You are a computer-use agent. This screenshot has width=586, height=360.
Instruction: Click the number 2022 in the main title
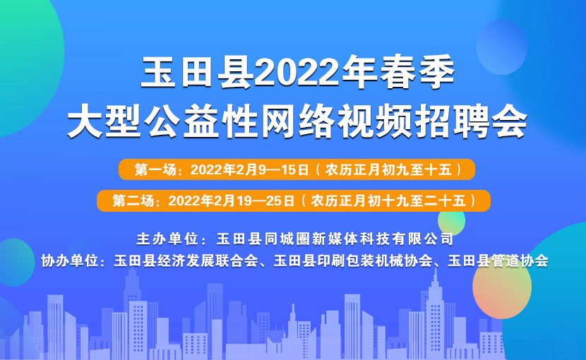click(x=298, y=72)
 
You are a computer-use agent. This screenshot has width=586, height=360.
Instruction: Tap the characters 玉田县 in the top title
click(x=196, y=72)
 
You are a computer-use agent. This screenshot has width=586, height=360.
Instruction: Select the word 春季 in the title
click(x=417, y=72)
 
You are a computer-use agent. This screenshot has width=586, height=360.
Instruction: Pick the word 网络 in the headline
click(x=297, y=121)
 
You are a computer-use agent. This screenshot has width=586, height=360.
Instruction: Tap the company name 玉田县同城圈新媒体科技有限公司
click(x=335, y=239)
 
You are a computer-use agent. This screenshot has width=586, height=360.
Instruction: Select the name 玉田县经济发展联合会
click(x=186, y=260)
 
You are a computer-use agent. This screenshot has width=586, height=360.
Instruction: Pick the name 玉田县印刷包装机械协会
click(x=353, y=260)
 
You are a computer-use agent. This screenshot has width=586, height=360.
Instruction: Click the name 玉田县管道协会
click(x=498, y=260)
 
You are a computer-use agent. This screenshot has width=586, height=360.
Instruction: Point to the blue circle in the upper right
click(x=502, y=47)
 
